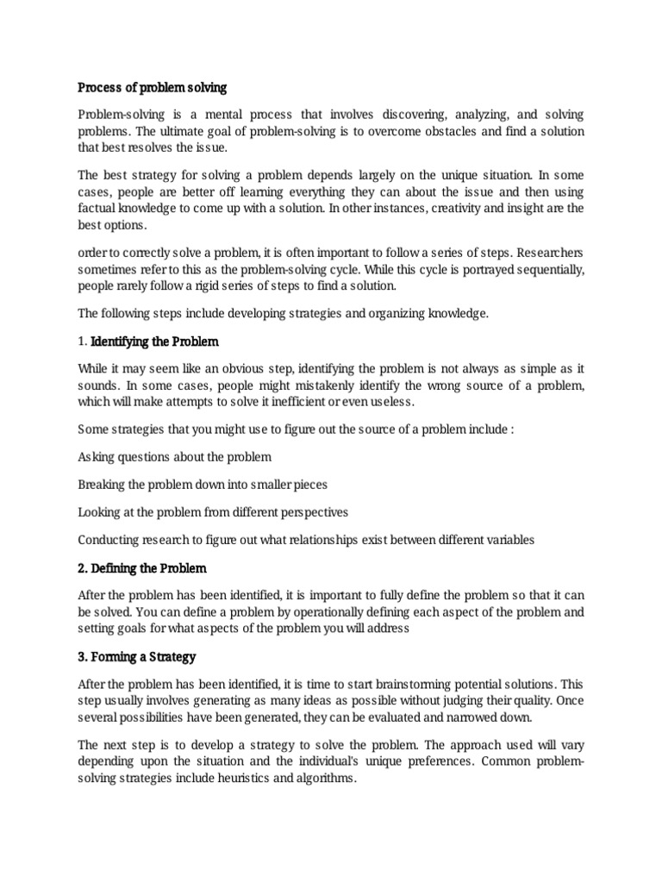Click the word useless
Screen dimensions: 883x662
[389, 402]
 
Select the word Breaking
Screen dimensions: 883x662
[101, 485]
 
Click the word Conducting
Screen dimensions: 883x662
[108, 540]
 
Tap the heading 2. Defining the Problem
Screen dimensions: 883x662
[142, 568]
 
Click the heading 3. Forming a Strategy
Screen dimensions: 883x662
[137, 656]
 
